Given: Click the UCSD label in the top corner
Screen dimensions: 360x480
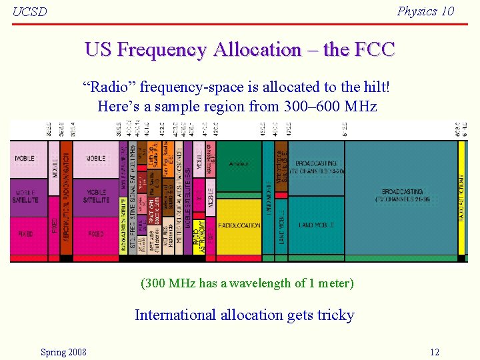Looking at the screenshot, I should pyautogui.click(x=30, y=12).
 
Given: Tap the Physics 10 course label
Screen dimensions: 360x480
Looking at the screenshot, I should pyautogui.click(x=425, y=11).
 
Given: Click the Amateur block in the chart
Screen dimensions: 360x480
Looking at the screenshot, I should pyautogui.click(x=239, y=164).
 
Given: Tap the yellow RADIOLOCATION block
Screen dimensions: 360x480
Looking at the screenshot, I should pyautogui.click(x=239, y=225).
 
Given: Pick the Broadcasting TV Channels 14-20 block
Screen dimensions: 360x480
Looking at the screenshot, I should pyautogui.click(x=317, y=167).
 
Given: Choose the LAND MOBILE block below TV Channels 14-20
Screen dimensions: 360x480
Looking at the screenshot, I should pyautogui.click(x=316, y=225).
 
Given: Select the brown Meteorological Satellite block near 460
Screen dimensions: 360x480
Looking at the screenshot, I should pyautogui.click(x=281, y=167).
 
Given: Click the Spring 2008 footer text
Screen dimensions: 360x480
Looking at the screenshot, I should pyautogui.click(x=63, y=352).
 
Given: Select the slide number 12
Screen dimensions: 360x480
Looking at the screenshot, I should pyautogui.click(x=435, y=352).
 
